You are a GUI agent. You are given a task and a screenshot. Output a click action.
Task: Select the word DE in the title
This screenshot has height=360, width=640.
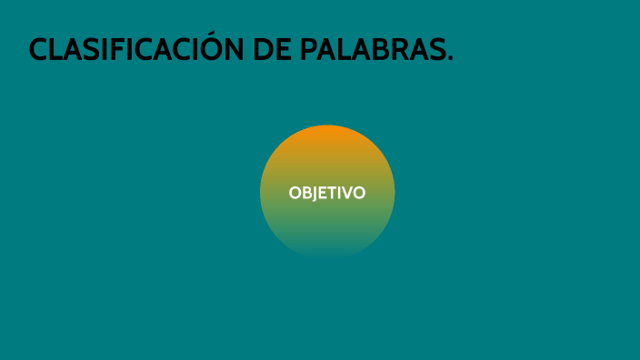273,50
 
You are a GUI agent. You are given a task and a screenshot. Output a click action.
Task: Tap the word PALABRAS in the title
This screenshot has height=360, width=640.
371,50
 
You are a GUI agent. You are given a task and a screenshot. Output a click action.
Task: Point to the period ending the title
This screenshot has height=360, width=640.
450,60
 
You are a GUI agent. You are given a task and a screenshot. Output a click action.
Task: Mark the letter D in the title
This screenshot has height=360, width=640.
264,50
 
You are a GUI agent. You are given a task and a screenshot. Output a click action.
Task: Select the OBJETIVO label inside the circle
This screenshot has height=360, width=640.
327,193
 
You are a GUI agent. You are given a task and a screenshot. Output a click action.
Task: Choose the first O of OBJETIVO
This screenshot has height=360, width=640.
295,193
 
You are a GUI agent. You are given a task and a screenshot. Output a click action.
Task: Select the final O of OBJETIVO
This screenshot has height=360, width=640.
359,193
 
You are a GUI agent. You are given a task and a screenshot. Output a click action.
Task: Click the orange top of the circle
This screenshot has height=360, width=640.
327,136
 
